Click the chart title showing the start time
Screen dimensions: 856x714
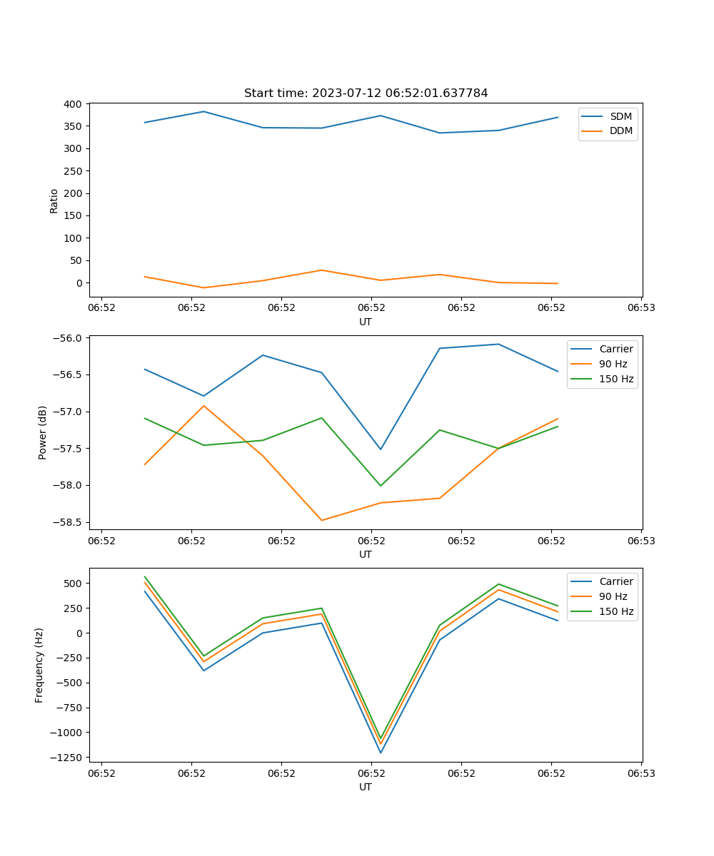click(366, 93)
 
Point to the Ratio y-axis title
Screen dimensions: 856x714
click(54, 200)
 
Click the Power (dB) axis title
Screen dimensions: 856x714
click(43, 432)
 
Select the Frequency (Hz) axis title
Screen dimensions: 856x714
click(39, 665)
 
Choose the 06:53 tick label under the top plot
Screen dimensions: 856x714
click(640, 308)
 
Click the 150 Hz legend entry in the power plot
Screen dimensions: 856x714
click(616, 379)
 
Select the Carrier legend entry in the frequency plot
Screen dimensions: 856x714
click(615, 581)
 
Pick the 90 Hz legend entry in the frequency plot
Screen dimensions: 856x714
click(613, 596)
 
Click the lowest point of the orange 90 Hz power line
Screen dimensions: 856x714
click(321, 520)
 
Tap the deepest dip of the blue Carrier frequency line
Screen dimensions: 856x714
click(381, 753)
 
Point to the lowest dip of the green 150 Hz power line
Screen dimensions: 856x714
click(381, 486)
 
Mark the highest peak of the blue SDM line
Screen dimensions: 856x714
click(203, 111)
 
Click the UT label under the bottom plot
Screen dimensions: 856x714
click(366, 787)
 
